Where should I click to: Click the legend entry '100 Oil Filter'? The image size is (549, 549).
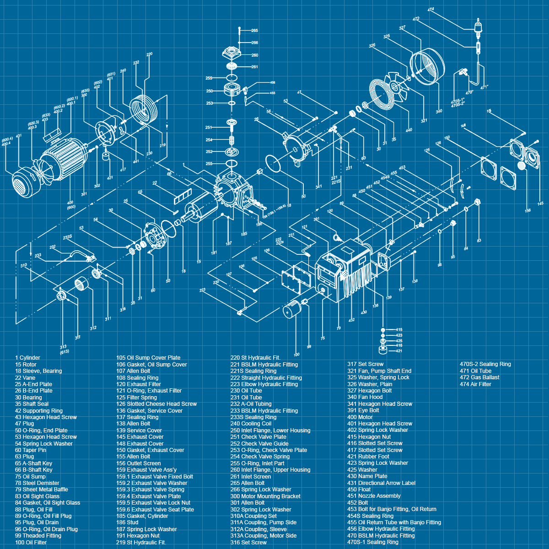pyautogui.click(x=31, y=542)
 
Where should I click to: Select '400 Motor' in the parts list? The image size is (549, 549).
pyautogui.click(x=360, y=417)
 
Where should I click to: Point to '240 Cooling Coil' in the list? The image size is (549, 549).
pyautogui.click(x=251, y=424)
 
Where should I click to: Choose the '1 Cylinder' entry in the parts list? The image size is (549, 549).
pyautogui.click(x=27, y=358)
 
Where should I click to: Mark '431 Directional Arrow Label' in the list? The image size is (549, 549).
pyautogui.click(x=381, y=483)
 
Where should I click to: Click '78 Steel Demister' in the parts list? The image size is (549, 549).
pyautogui.click(x=37, y=483)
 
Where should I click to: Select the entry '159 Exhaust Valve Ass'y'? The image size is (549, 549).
pyautogui.click(x=146, y=469)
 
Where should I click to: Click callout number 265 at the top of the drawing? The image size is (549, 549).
pyautogui.click(x=254, y=31)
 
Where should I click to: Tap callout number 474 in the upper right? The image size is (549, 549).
pyautogui.click(x=431, y=10)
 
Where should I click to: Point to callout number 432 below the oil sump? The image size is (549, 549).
pyautogui.click(x=351, y=320)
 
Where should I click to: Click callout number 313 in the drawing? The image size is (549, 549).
pyautogui.click(x=63, y=347)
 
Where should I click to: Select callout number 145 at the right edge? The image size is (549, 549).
pyautogui.click(x=540, y=204)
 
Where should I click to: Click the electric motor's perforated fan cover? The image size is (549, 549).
pyautogui.click(x=21, y=185)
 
